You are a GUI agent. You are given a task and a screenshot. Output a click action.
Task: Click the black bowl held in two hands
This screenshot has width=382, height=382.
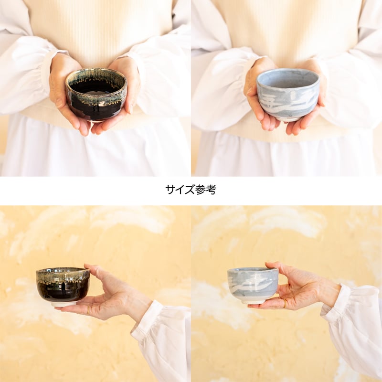(96, 95)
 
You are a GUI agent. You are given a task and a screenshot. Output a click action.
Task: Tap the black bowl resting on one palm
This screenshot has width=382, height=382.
(63, 285)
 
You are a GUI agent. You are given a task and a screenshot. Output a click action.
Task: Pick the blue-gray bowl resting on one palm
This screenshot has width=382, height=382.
(253, 285)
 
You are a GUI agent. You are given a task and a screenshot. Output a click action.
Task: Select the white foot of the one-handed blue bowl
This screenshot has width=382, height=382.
(254, 301)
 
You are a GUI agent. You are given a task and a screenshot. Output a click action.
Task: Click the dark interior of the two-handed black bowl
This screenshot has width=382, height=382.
(95, 86)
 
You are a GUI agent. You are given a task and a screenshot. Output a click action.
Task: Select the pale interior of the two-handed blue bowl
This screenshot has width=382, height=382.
(287, 79)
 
